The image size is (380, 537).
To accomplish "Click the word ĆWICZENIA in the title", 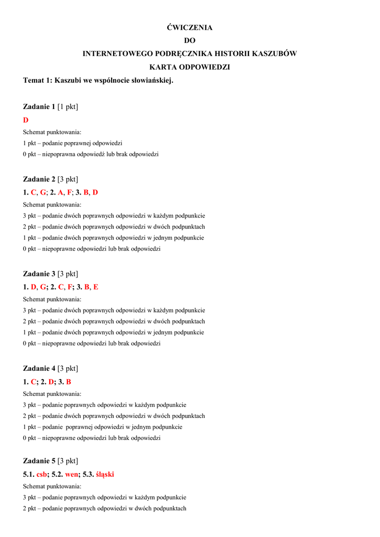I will [x=190, y=27].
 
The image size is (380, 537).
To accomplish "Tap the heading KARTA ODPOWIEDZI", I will [x=190, y=67].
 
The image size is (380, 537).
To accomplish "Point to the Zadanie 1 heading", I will [x=39, y=107].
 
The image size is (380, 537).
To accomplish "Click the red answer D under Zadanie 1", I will [x=26, y=120].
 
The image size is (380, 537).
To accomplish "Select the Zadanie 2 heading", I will [x=39, y=179].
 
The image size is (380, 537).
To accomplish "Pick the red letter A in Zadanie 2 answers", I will [x=60, y=192].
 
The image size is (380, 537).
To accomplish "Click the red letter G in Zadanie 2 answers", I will [x=43, y=192].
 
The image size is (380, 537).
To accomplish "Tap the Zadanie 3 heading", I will [x=39, y=274].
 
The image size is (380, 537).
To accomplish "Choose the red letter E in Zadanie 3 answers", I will [x=96, y=287].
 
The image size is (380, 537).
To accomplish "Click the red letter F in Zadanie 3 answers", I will [x=70, y=287].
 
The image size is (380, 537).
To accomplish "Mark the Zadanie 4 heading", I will [x=39, y=368].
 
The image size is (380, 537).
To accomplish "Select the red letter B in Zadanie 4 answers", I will [x=69, y=382].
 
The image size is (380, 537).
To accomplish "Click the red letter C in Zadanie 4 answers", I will [x=34, y=382].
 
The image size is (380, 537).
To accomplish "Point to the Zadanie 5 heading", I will [x=39, y=461].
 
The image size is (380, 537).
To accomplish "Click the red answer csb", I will [x=41, y=475].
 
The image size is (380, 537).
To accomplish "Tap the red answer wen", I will [x=71, y=475].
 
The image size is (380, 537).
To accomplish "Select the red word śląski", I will [x=105, y=475].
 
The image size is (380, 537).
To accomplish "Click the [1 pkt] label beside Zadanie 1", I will [x=68, y=107].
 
